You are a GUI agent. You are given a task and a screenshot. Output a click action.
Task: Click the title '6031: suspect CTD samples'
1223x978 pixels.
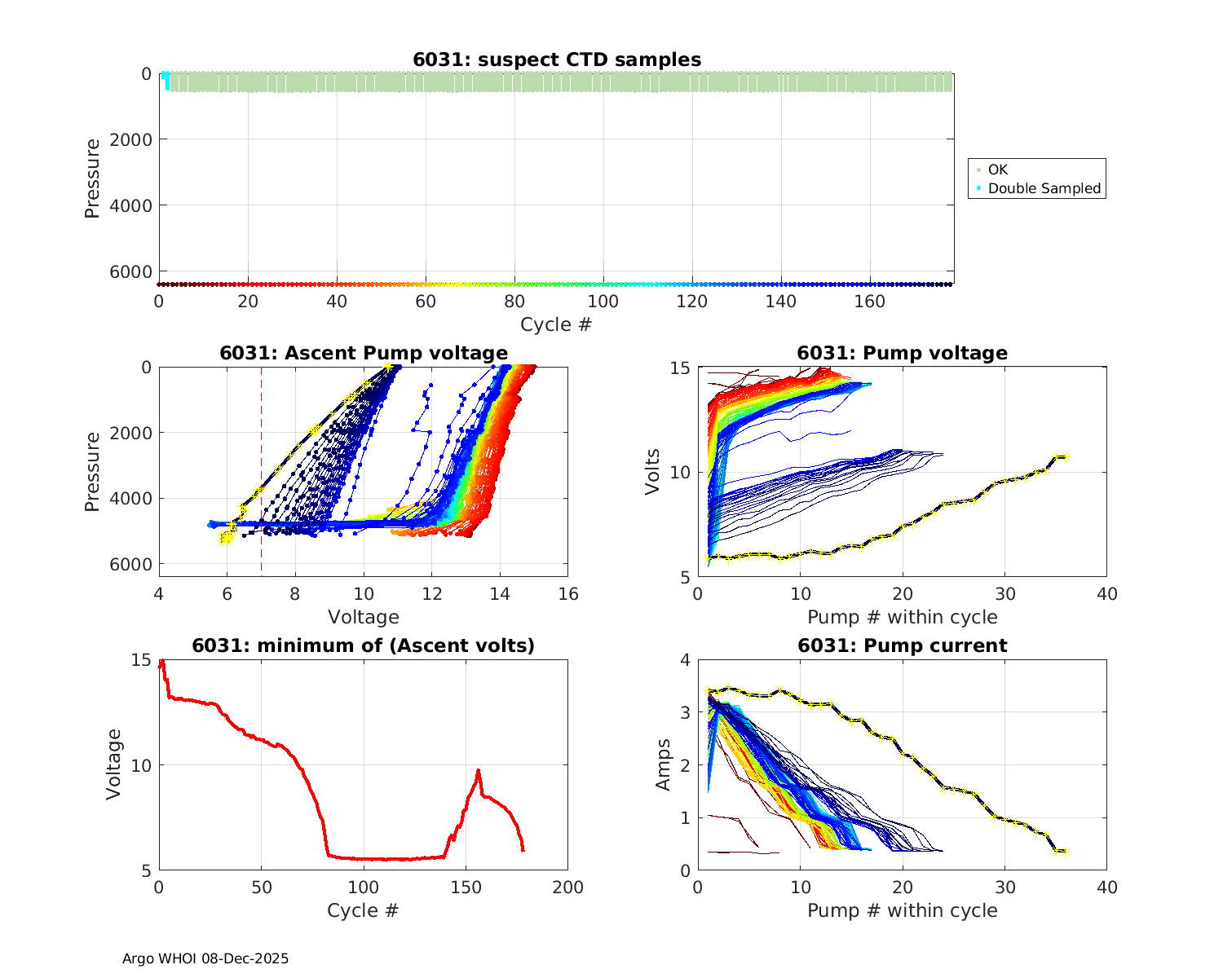click(556, 59)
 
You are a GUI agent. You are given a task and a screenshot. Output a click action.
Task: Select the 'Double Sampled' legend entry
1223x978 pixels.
click(1044, 188)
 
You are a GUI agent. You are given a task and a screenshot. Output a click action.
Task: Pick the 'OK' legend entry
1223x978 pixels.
click(997, 170)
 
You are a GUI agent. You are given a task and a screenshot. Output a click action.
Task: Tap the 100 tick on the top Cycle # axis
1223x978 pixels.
click(603, 302)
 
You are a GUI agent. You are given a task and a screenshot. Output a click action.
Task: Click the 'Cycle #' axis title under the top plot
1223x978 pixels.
click(556, 324)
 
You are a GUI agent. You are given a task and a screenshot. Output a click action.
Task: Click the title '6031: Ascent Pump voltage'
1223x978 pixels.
click(364, 353)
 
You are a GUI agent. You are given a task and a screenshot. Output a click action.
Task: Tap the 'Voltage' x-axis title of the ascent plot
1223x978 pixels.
click(364, 617)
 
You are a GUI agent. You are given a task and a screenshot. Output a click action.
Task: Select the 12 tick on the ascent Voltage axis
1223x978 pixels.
click(432, 594)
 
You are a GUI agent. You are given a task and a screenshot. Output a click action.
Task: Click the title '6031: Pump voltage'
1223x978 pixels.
click(902, 353)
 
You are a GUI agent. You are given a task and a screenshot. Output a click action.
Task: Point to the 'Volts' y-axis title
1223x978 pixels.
click(652, 473)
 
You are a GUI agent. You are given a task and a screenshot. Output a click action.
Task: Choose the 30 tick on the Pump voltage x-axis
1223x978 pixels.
click(1004, 594)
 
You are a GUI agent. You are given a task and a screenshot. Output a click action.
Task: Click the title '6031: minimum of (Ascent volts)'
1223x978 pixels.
click(364, 645)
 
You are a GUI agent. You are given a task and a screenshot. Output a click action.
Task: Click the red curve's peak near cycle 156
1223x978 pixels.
click(479, 770)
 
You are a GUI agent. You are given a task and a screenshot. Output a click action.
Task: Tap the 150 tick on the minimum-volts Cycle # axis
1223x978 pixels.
click(466, 888)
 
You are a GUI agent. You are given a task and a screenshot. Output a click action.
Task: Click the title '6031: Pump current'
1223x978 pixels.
click(902, 645)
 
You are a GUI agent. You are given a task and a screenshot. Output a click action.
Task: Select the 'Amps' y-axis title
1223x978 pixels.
click(664, 764)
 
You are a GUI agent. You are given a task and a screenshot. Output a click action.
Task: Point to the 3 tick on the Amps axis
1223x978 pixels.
click(685, 712)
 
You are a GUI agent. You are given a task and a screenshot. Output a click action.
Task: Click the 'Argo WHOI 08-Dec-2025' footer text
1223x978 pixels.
click(205, 958)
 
